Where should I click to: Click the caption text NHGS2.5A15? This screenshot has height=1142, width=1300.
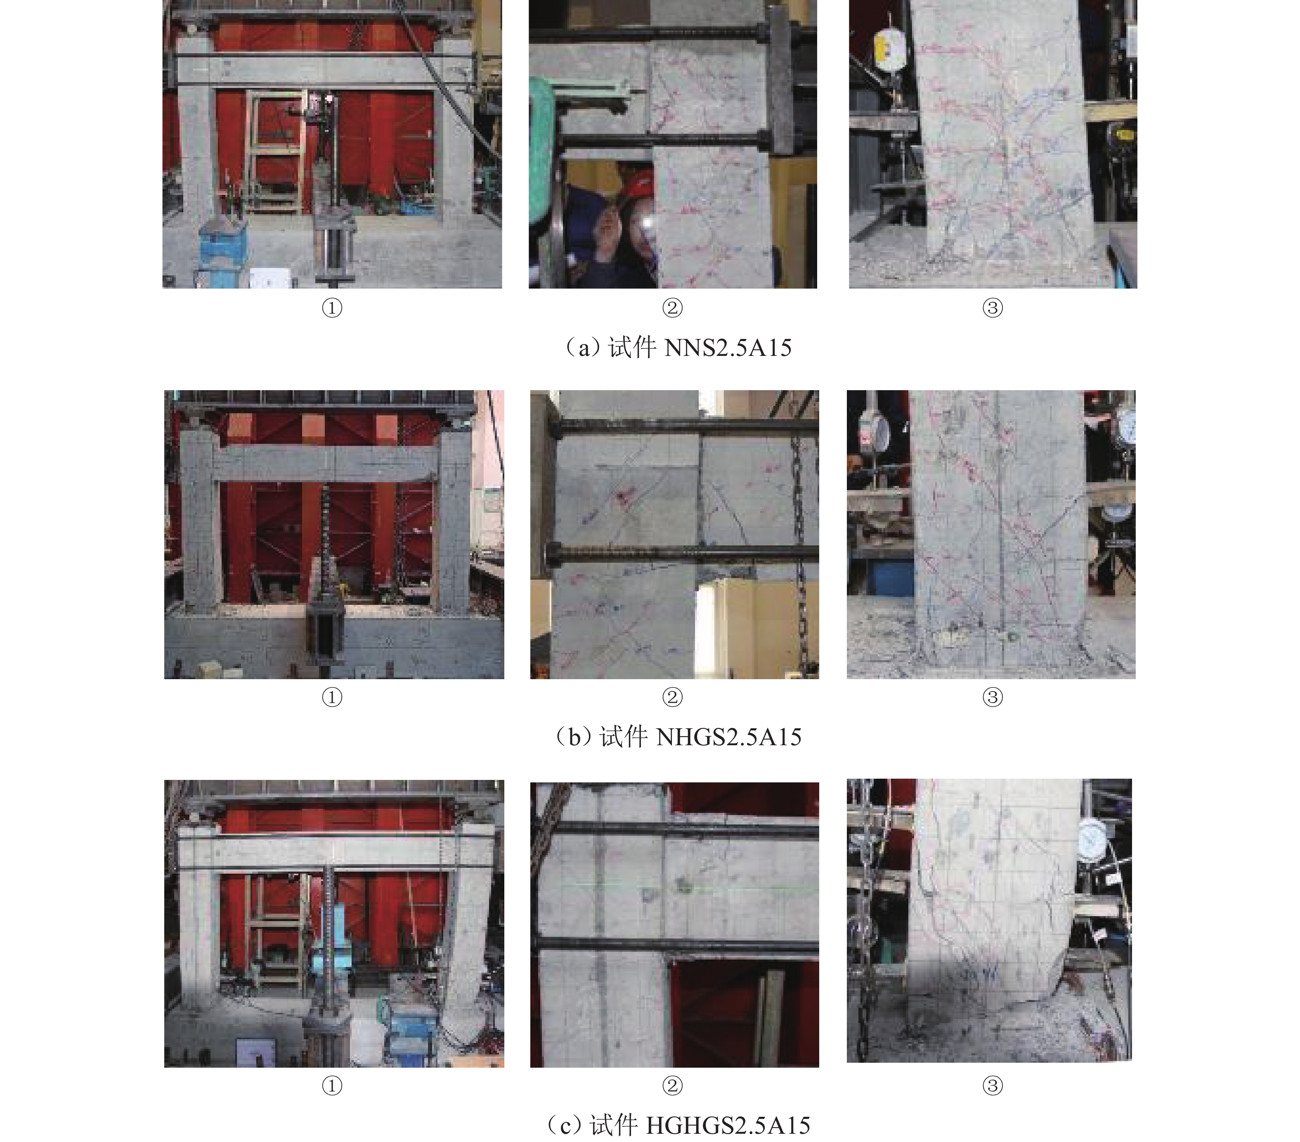point(728,737)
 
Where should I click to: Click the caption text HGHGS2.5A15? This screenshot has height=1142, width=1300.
point(728,1125)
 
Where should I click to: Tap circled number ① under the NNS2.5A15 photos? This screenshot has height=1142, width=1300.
point(332,308)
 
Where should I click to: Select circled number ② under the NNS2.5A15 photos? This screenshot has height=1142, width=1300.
point(672,308)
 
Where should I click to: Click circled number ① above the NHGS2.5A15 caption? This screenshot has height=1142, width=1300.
point(332,697)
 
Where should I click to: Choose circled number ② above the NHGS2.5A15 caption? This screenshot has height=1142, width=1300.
point(672,697)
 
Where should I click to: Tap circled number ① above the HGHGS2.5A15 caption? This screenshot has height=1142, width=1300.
point(332,1085)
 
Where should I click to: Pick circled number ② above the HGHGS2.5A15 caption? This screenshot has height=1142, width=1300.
point(672,1085)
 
